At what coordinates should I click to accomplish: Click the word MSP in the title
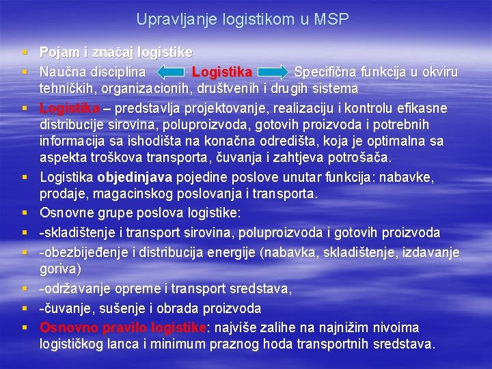(x=331, y=20)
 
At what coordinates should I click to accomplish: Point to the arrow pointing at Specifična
(x=273, y=72)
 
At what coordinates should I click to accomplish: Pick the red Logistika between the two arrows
(x=222, y=72)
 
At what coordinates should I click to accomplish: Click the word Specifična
(x=323, y=72)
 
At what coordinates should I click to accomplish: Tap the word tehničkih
(x=66, y=88)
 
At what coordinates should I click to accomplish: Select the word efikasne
(x=423, y=109)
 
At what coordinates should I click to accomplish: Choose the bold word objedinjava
(x=135, y=178)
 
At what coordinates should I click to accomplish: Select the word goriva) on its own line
(x=60, y=269)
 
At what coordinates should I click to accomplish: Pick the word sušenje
(x=116, y=308)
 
